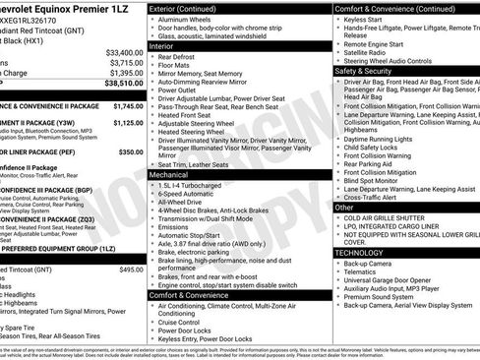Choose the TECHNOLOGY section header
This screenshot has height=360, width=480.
[365, 252]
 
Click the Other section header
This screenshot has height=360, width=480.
[344, 208]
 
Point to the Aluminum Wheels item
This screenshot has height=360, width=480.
[188, 20]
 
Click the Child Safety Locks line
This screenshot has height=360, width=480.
[378, 148]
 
